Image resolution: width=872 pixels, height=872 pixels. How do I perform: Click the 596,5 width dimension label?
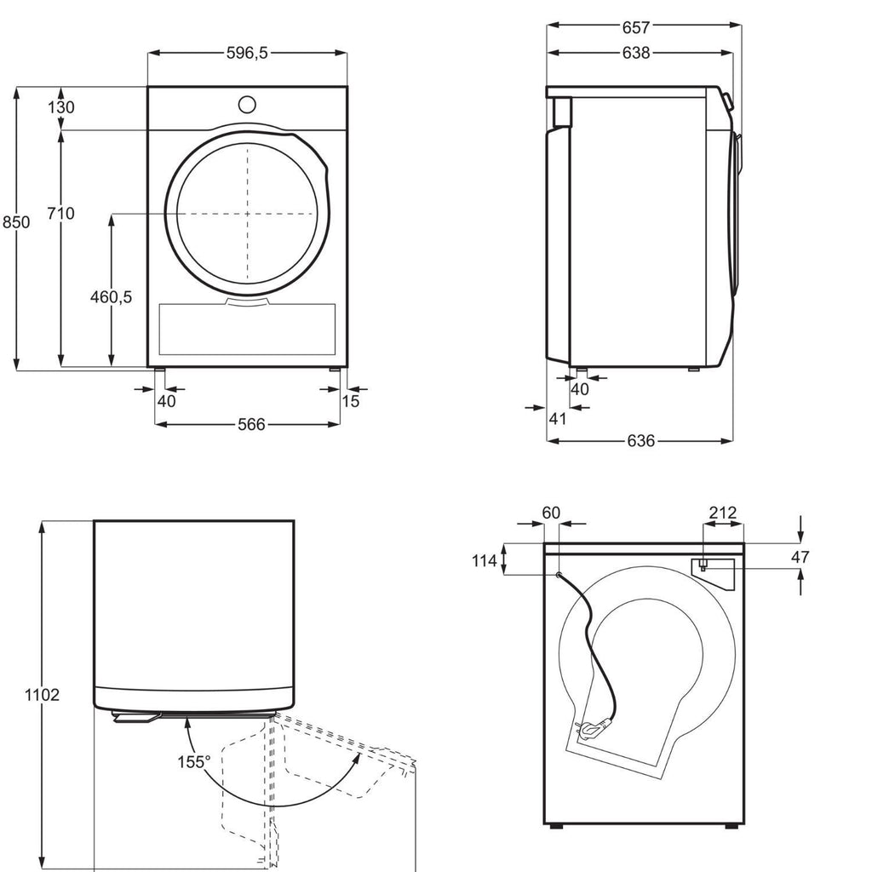pyautogui.click(x=247, y=53)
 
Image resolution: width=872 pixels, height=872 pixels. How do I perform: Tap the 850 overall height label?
pyautogui.click(x=16, y=222)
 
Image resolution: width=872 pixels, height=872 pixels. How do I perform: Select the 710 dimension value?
pyautogui.click(x=60, y=213)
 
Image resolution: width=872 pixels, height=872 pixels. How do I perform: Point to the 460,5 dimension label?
pyautogui.click(x=112, y=297)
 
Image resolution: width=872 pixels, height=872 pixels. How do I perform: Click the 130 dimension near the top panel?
pyautogui.click(x=60, y=106)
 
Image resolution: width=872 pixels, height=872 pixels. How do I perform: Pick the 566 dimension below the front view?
pyautogui.click(x=251, y=425)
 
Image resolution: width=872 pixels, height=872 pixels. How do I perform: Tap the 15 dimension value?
pyautogui.click(x=350, y=401)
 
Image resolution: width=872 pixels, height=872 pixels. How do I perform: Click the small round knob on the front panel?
pyautogui.click(x=247, y=104)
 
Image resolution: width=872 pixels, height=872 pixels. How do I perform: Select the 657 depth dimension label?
pyautogui.click(x=635, y=26)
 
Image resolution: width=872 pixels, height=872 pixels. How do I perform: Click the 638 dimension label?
pyautogui.click(x=635, y=53)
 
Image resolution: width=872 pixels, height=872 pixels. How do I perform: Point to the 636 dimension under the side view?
pyautogui.click(x=640, y=441)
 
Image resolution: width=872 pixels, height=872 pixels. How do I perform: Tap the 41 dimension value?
pyautogui.click(x=557, y=419)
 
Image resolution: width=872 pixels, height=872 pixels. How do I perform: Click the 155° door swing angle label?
pyautogui.click(x=194, y=762)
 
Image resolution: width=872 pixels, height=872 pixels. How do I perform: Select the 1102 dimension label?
pyautogui.click(x=42, y=695)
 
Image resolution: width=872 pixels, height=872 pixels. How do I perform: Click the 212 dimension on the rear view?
pyautogui.click(x=722, y=512)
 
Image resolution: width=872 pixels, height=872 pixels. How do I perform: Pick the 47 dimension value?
pyautogui.click(x=800, y=557)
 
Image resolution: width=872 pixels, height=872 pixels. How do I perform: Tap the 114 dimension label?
pyautogui.click(x=485, y=560)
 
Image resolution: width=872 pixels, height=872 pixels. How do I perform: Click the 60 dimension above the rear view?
pyautogui.click(x=551, y=512)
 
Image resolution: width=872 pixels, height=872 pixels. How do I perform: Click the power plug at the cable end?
pyautogui.click(x=592, y=729)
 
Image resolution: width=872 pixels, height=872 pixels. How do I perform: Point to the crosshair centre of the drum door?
pyautogui.click(x=248, y=214)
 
